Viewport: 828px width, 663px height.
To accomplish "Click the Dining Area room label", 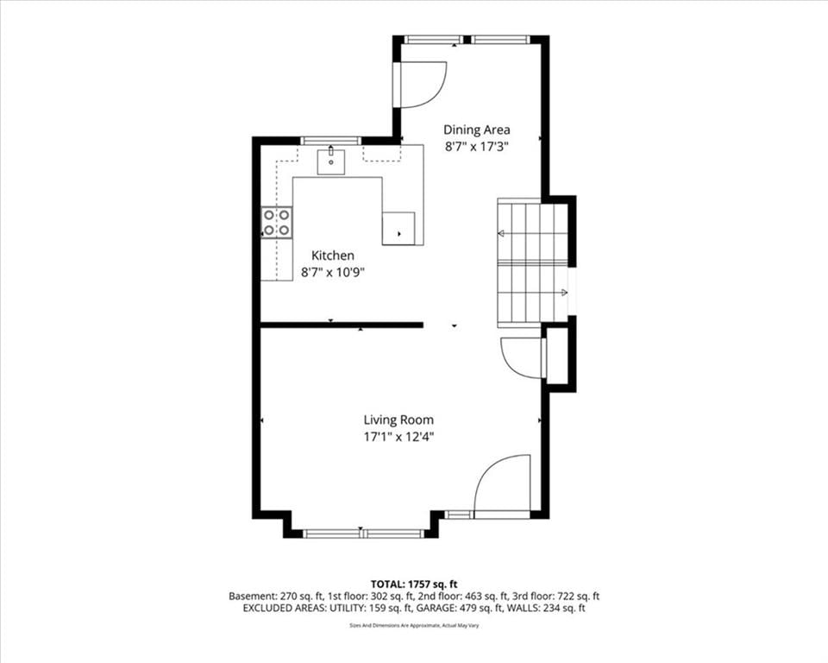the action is click(476, 129).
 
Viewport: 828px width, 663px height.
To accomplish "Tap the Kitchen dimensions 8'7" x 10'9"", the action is click(333, 273).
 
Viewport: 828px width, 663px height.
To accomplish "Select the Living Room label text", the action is click(398, 420).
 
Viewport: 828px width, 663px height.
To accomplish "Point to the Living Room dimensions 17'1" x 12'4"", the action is click(398, 437).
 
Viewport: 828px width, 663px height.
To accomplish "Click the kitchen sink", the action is click(331, 161).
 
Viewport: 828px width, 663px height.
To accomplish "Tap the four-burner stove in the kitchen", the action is click(277, 222).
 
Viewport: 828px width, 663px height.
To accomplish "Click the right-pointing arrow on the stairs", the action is click(564, 293).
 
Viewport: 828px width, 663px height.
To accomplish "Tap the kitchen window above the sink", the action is click(330, 140).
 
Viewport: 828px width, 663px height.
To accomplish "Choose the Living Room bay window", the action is click(363, 534).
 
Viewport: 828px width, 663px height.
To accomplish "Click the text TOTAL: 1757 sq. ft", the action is click(414, 584).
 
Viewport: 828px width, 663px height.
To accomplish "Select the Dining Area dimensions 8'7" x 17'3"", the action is click(476, 147).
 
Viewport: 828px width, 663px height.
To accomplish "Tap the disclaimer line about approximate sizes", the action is click(414, 626).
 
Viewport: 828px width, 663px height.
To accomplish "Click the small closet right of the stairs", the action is click(556, 356).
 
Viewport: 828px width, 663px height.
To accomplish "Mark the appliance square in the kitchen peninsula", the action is click(398, 229).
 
